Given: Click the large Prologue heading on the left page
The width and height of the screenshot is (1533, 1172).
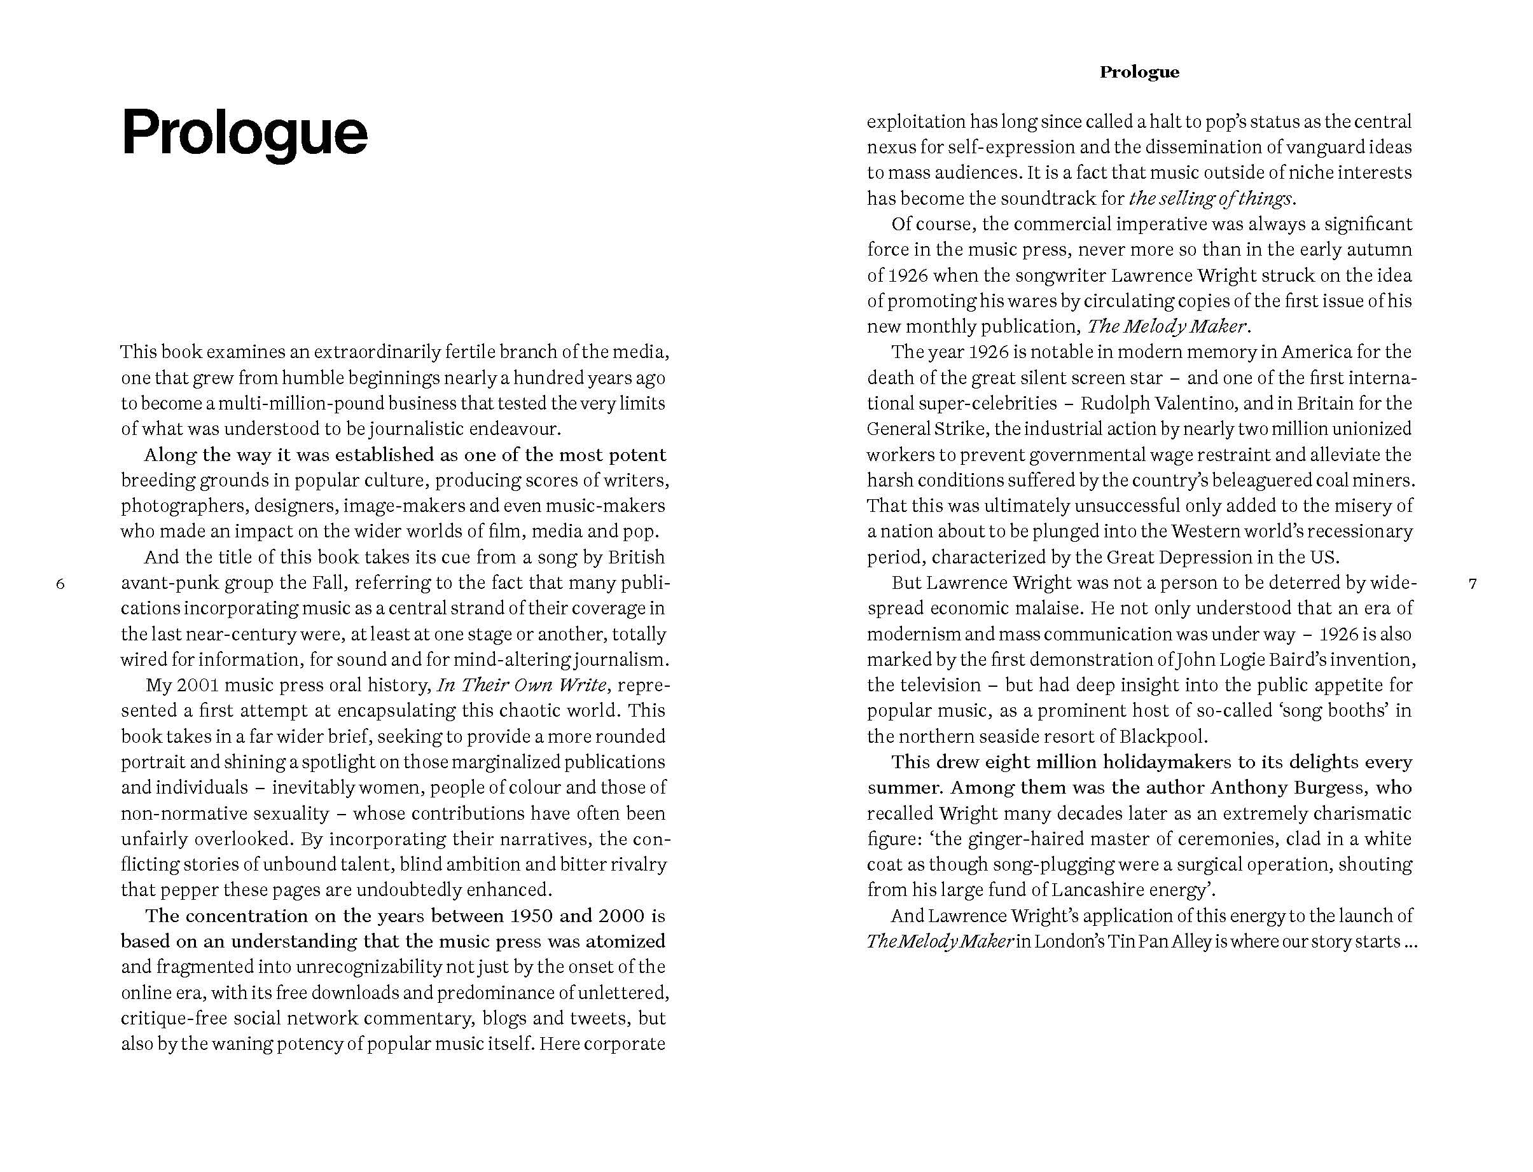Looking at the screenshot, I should (244, 132).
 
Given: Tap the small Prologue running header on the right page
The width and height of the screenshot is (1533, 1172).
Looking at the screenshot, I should (1139, 72).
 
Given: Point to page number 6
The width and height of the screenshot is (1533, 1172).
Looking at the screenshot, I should (60, 583).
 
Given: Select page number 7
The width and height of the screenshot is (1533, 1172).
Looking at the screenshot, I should (1473, 583).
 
